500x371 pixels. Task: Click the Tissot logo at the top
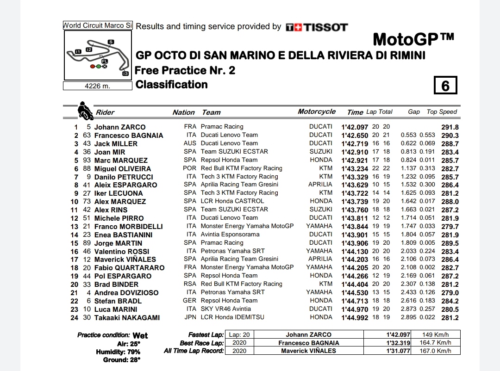pyautogui.click(x=317, y=27)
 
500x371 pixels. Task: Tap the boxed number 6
pyautogui.click(x=445, y=86)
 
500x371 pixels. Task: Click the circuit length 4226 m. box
pyautogui.click(x=97, y=86)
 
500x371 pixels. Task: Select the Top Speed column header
pyautogui.click(x=442, y=112)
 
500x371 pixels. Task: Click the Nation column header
pyautogui.click(x=183, y=112)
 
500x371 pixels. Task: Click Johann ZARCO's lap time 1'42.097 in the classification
pyautogui.click(x=355, y=127)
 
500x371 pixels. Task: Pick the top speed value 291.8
pyautogui.click(x=450, y=127)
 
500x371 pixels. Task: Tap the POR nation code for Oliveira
pyautogui.click(x=190, y=168)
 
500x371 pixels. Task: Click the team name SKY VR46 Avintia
pyautogui.click(x=226, y=309)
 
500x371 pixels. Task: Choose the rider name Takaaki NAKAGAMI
pyautogui.click(x=127, y=317)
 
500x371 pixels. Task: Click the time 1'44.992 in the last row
pyautogui.click(x=355, y=317)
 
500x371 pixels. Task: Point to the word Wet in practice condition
pyautogui.click(x=140, y=335)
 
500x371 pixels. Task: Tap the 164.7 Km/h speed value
pyautogui.click(x=435, y=343)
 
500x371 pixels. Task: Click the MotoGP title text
pyautogui.click(x=413, y=39)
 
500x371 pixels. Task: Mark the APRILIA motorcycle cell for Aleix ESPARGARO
pyautogui.click(x=320, y=185)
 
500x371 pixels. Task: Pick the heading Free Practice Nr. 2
pyautogui.click(x=184, y=70)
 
